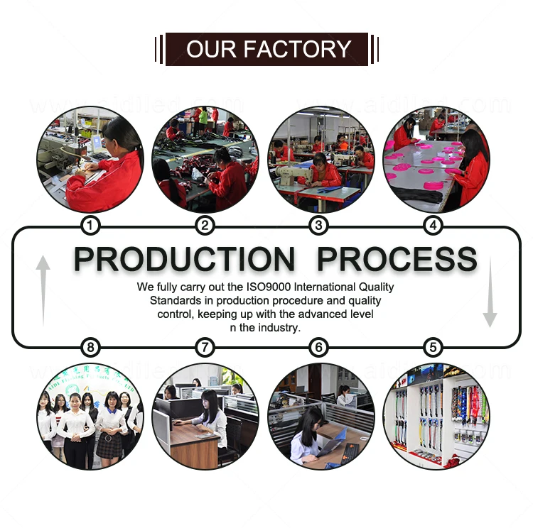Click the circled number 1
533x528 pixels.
(x=90, y=226)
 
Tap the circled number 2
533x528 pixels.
(x=205, y=226)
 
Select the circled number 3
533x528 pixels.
(x=319, y=226)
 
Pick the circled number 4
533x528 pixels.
(x=433, y=226)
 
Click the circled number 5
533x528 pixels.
(x=433, y=347)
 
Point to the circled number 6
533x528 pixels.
(x=319, y=347)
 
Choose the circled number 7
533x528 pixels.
(x=205, y=347)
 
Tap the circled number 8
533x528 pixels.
(x=90, y=347)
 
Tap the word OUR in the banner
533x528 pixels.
(x=211, y=49)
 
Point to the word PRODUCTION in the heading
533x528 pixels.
(x=184, y=259)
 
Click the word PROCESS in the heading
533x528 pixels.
(x=397, y=259)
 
